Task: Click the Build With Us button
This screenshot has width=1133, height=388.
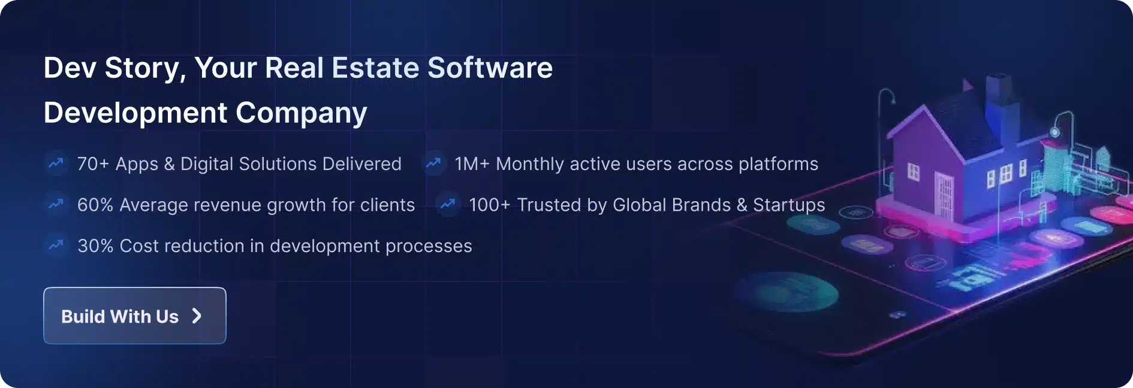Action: click(135, 316)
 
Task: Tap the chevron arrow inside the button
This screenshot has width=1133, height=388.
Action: click(197, 316)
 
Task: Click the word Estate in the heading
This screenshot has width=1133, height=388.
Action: click(375, 68)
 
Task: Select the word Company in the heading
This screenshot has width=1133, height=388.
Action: click(302, 114)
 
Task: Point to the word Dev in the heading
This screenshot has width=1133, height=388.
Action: click(70, 68)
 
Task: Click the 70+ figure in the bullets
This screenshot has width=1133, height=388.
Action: click(93, 164)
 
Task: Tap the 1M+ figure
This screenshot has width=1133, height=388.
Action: click(472, 164)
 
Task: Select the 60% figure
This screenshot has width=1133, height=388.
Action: click(95, 205)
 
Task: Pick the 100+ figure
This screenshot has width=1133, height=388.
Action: click(489, 205)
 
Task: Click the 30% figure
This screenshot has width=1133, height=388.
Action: click(95, 246)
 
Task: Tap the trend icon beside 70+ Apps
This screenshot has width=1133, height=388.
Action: click(56, 163)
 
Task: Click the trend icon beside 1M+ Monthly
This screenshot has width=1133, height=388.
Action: click(433, 163)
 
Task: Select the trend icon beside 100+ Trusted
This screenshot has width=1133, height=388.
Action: click(448, 204)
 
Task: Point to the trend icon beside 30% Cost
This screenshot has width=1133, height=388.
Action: click(56, 245)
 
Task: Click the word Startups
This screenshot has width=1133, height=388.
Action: click(789, 205)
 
